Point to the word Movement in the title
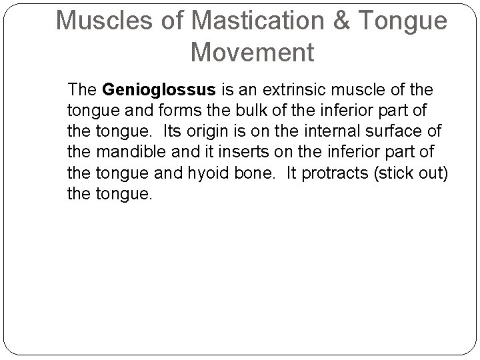point(252,51)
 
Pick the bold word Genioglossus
point(149,89)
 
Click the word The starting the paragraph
point(83,89)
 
